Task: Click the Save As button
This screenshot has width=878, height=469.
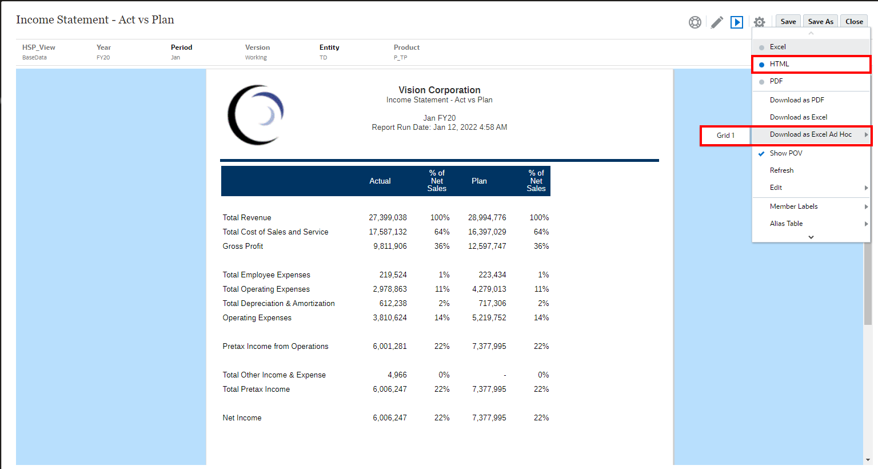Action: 820,22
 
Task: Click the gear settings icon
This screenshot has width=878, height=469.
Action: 759,22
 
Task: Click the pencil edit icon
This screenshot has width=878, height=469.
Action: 717,22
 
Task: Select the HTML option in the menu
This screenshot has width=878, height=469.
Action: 779,64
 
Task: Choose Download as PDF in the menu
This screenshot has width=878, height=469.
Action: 797,100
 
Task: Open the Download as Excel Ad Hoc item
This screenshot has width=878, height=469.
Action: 811,134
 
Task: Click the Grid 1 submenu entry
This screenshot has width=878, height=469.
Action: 725,136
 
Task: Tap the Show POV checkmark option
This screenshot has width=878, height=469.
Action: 786,153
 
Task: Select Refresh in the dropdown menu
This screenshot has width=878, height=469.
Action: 781,170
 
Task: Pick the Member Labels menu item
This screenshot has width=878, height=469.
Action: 793,206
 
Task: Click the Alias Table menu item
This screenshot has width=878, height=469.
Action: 786,224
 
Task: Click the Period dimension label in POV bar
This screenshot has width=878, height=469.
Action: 181,47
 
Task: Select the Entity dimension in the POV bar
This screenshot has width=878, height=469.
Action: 329,47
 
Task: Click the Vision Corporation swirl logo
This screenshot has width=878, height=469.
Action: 256,115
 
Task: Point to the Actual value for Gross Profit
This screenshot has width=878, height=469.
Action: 390,247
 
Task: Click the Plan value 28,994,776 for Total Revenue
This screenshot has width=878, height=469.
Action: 487,218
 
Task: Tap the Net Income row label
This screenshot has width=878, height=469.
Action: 242,418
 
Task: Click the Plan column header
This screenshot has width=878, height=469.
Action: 479,181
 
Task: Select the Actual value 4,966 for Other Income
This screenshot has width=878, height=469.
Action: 397,375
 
